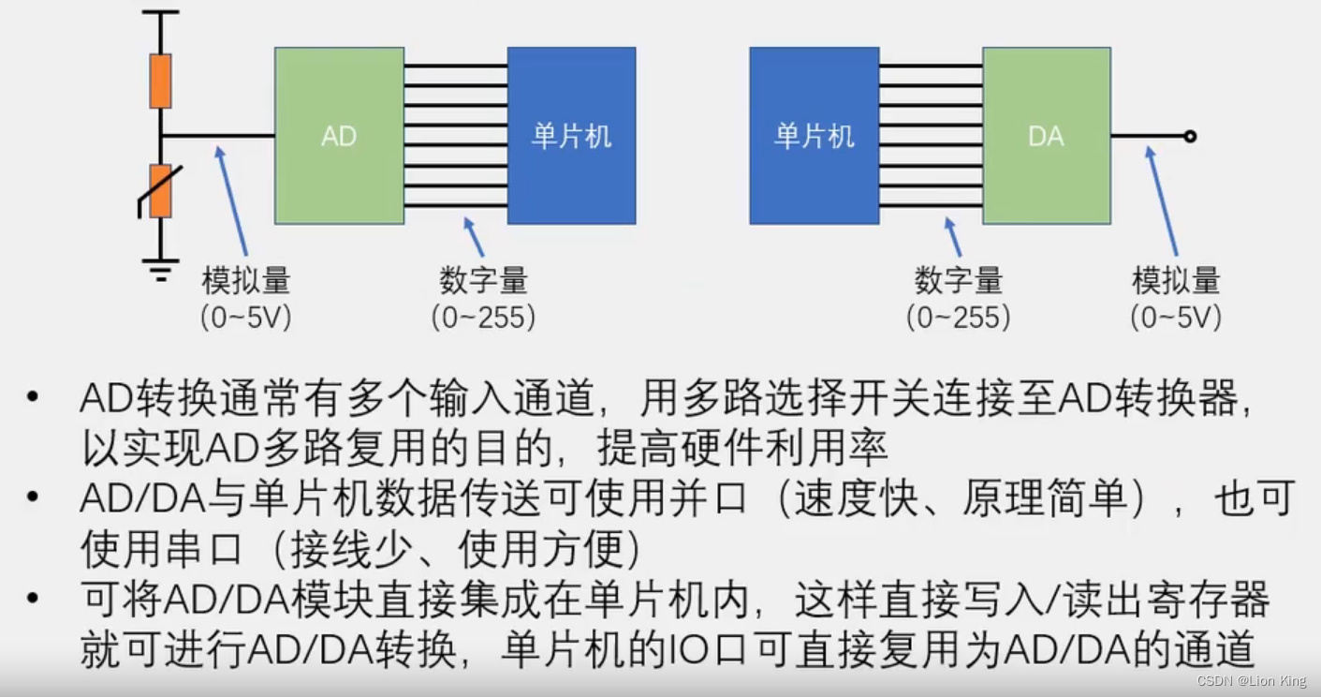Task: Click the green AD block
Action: [x=339, y=136]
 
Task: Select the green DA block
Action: [x=1046, y=136]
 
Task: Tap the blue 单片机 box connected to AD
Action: [x=571, y=136]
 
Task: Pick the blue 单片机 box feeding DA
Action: [x=814, y=136]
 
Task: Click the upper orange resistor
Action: [x=161, y=82]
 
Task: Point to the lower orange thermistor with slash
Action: [x=161, y=191]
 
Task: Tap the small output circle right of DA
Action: [x=1190, y=137]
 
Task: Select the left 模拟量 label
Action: [x=246, y=281]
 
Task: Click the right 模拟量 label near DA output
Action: [x=1176, y=281]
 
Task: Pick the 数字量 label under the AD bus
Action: [x=483, y=281]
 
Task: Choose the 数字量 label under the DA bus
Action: [x=958, y=281]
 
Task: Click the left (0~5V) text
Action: [x=246, y=318]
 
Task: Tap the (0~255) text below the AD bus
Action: [x=483, y=318]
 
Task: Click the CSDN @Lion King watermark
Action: [x=1252, y=681]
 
